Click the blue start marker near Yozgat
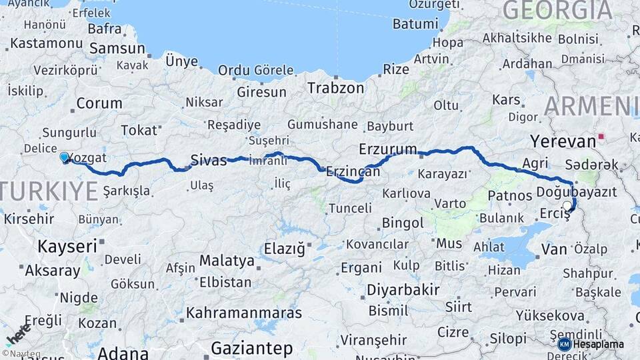coord(64,157)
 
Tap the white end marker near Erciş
coord(567,206)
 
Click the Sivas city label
coord(209,160)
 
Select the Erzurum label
coord(387,148)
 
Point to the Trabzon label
coord(335,87)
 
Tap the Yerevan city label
coord(562,141)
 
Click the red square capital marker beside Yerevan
coord(602,137)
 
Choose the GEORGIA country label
coord(557,11)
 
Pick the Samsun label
coord(117,48)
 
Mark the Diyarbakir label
coord(403,290)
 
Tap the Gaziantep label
coord(251,348)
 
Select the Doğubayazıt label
coord(572,193)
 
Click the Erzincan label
coord(353,171)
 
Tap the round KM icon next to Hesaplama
coord(565,344)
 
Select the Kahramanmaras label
coord(243,313)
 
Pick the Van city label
coord(554,249)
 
